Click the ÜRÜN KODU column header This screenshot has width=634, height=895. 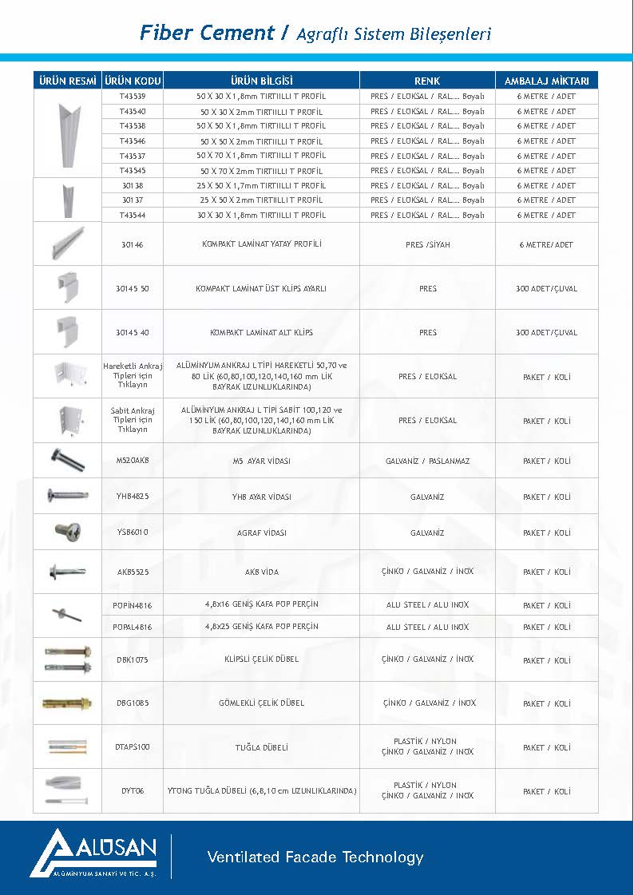(133, 81)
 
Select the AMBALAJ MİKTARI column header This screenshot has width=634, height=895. (547, 81)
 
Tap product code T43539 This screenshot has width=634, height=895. (133, 96)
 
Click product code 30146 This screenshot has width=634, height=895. (133, 244)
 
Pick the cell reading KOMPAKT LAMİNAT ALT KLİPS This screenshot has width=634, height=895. (261, 332)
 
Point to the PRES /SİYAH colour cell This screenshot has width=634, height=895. (427, 244)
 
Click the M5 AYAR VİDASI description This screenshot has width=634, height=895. (261, 461)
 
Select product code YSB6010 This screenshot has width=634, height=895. (133, 533)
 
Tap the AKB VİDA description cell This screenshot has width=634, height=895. (261, 572)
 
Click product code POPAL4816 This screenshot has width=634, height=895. (133, 627)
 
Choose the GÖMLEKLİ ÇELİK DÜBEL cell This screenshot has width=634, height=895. (261, 703)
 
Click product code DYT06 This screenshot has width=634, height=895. (133, 791)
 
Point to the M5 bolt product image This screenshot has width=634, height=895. (67, 461)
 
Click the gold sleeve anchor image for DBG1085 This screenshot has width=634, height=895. (67, 703)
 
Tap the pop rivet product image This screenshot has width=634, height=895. (67, 615)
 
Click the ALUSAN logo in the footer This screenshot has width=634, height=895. (94, 853)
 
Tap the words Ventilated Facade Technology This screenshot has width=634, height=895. (315, 857)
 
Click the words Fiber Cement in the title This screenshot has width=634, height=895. (207, 33)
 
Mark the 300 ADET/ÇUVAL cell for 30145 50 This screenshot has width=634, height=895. (547, 288)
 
